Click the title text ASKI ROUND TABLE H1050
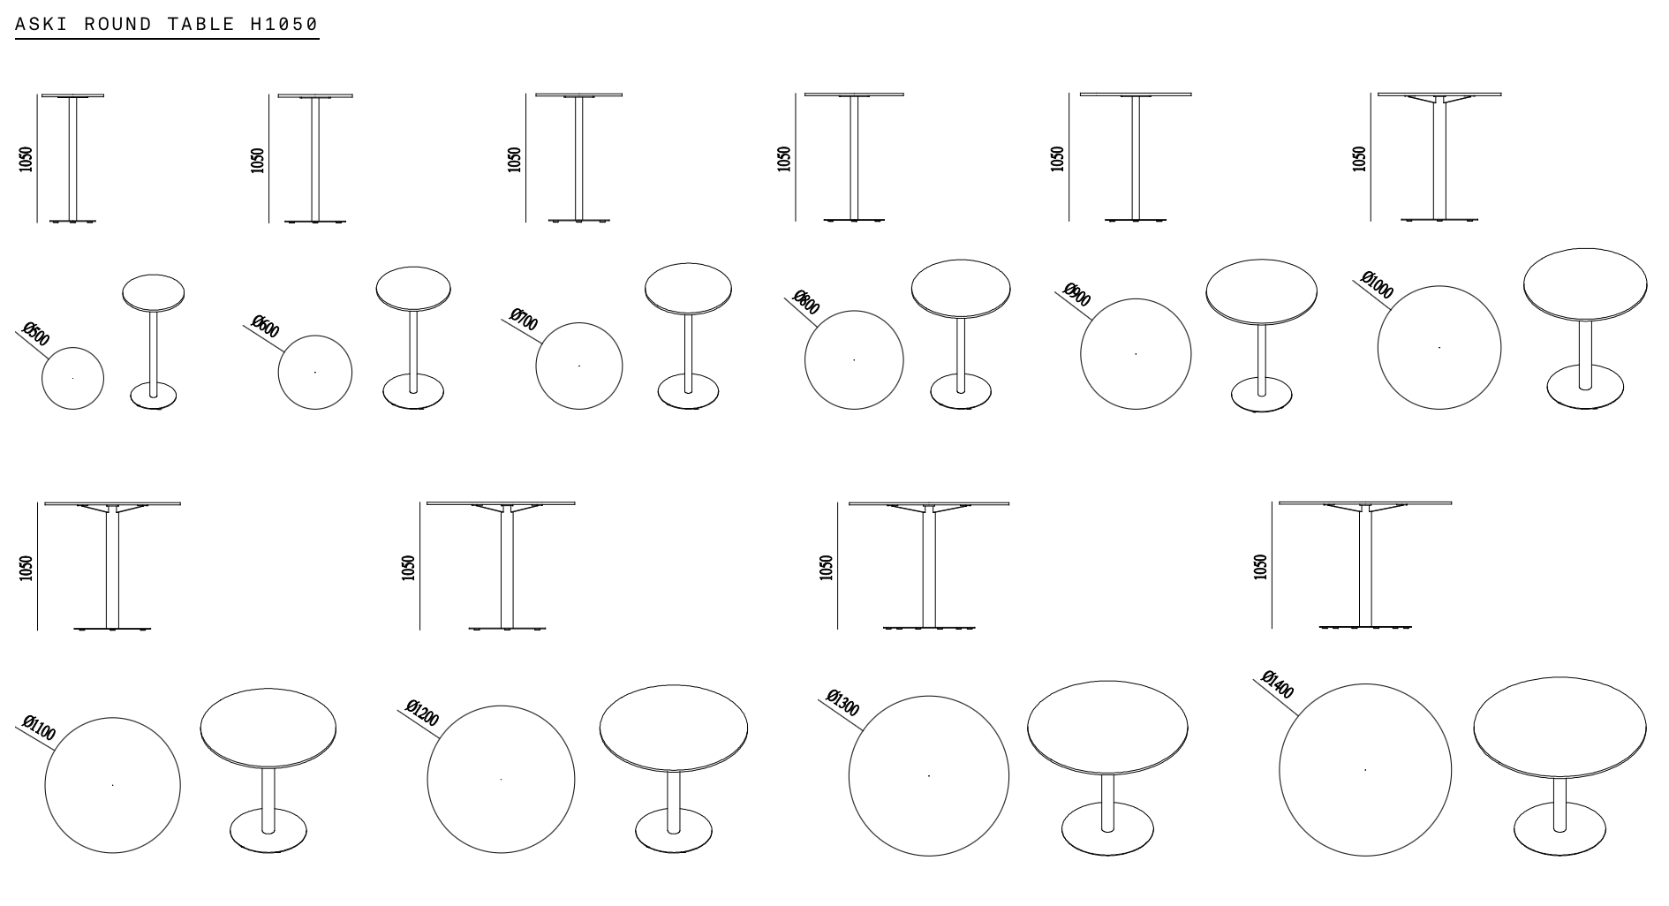167,24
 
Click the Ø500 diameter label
36,335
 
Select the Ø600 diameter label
266,327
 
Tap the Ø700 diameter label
525,320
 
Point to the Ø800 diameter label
806,303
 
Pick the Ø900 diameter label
1077,295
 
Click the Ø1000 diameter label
1378,285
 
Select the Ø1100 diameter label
40,729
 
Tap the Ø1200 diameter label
422,713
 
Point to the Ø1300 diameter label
842,703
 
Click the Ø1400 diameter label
1278,684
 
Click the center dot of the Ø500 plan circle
72,379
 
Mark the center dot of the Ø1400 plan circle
1365,770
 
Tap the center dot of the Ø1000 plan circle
1439,348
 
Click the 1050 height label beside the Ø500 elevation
26,159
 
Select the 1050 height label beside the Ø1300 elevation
827,567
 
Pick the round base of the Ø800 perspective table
961,392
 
